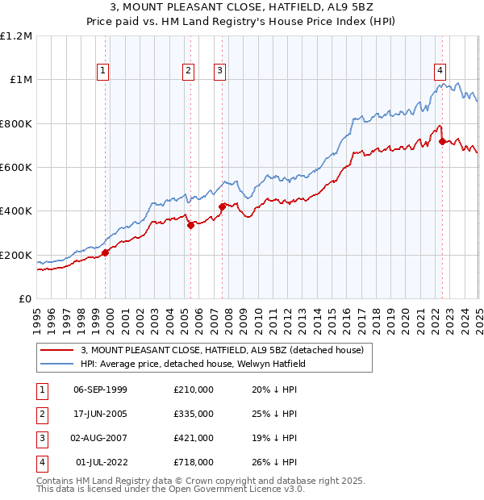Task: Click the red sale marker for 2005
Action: tap(190, 226)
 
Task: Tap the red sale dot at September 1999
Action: tap(105, 253)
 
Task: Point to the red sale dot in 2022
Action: tap(442, 141)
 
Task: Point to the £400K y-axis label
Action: tap(17, 211)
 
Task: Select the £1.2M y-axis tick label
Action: tap(17, 36)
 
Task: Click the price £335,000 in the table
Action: tap(193, 415)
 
